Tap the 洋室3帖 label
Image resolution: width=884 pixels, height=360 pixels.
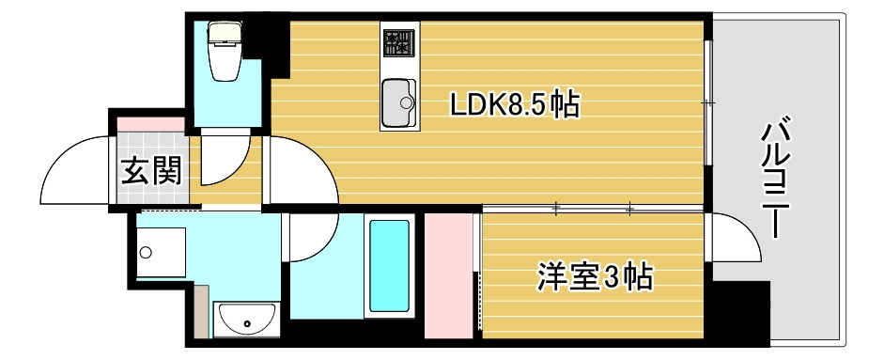click(x=595, y=277)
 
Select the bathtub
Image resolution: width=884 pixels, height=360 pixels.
click(x=389, y=266)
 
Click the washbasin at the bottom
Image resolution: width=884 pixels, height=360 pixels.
click(x=247, y=320)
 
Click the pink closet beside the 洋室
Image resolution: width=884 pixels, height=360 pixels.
click(x=448, y=274)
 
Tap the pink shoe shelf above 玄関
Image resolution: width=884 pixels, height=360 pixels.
click(x=150, y=122)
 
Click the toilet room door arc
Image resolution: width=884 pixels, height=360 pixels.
click(x=225, y=160)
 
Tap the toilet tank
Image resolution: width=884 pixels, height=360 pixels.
click(x=225, y=34)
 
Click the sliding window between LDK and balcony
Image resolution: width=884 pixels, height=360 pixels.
click(x=708, y=103)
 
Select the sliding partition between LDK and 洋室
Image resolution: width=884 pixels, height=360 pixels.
click(x=592, y=208)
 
